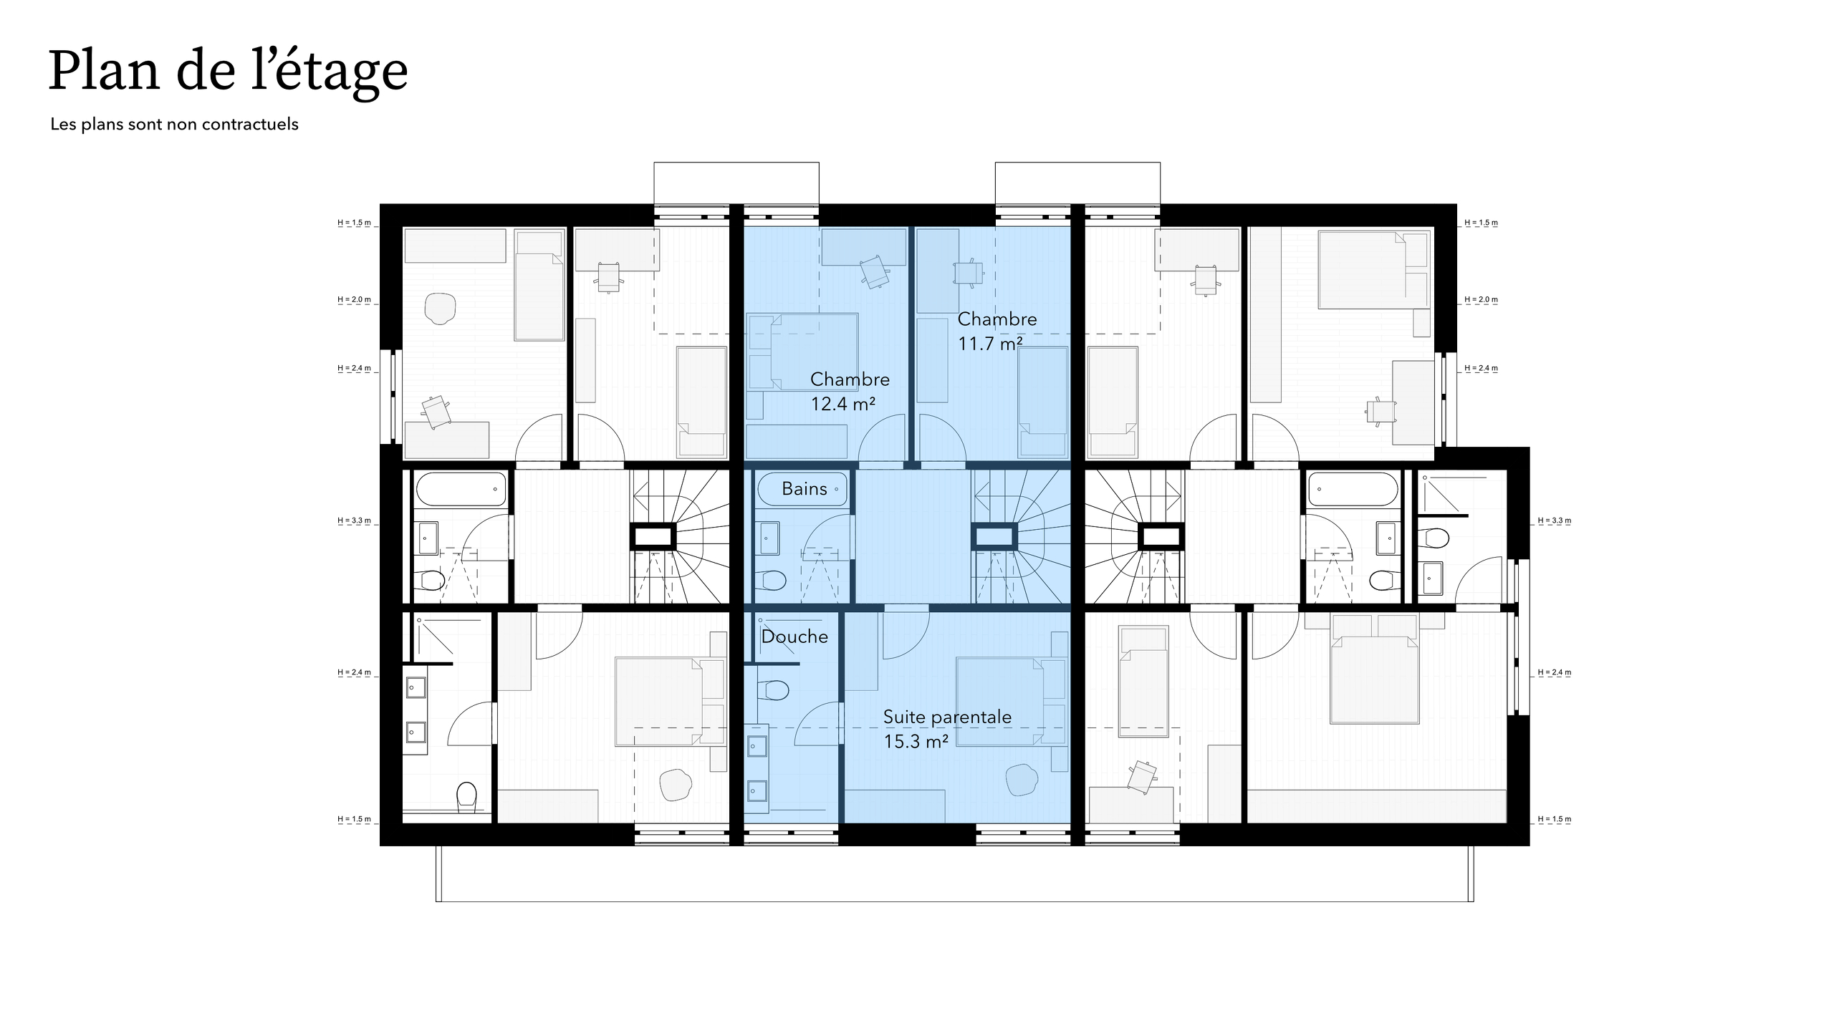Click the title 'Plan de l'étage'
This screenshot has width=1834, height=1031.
tap(228, 72)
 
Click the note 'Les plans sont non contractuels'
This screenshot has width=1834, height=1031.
tap(174, 125)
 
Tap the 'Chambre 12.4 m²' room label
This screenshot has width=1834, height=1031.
tap(849, 392)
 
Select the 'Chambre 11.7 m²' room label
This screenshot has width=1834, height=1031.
tap(997, 331)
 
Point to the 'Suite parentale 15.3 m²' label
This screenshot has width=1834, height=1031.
tap(946, 729)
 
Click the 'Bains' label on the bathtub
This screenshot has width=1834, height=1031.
tap(804, 489)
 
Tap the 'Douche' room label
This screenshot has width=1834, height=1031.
tap(794, 636)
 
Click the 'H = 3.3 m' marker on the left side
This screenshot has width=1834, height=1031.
tap(355, 521)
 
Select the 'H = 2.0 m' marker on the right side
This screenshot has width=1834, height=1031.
tap(1481, 300)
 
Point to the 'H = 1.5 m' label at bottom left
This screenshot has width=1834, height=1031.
tap(355, 819)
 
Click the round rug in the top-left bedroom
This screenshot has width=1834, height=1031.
tap(440, 309)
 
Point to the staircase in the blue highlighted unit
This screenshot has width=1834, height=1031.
tap(1020, 537)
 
